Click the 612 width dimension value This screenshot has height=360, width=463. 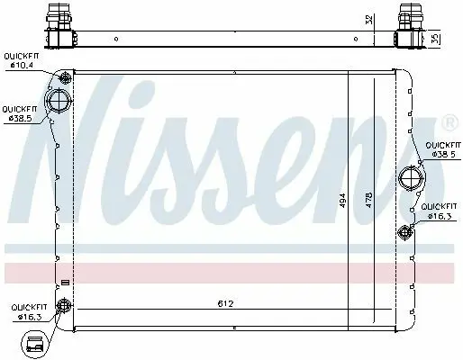(225, 303)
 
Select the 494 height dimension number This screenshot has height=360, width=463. (342, 201)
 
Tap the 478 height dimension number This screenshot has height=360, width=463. (368, 200)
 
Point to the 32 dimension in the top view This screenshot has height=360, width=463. (370, 19)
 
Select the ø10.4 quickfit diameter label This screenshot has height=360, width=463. (22, 65)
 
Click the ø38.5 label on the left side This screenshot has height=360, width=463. (21, 118)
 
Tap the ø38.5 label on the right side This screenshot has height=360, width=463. (443, 154)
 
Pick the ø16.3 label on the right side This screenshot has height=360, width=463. (440, 216)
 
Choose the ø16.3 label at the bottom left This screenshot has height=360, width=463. (30, 317)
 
